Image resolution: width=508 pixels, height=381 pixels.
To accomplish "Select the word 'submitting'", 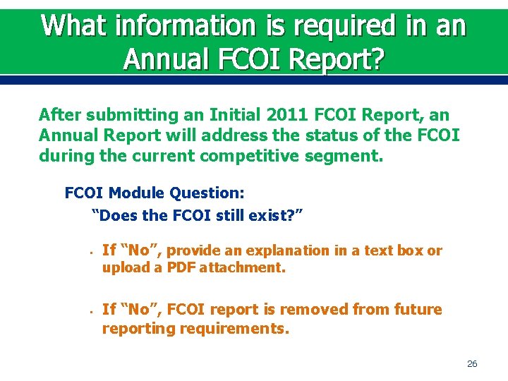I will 125,114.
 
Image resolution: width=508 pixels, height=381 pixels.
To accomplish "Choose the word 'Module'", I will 135,193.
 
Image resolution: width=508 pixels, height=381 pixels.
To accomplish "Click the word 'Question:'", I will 205,193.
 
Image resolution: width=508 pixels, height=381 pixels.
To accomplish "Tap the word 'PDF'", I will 180,267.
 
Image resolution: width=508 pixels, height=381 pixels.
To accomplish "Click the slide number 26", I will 472,364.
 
